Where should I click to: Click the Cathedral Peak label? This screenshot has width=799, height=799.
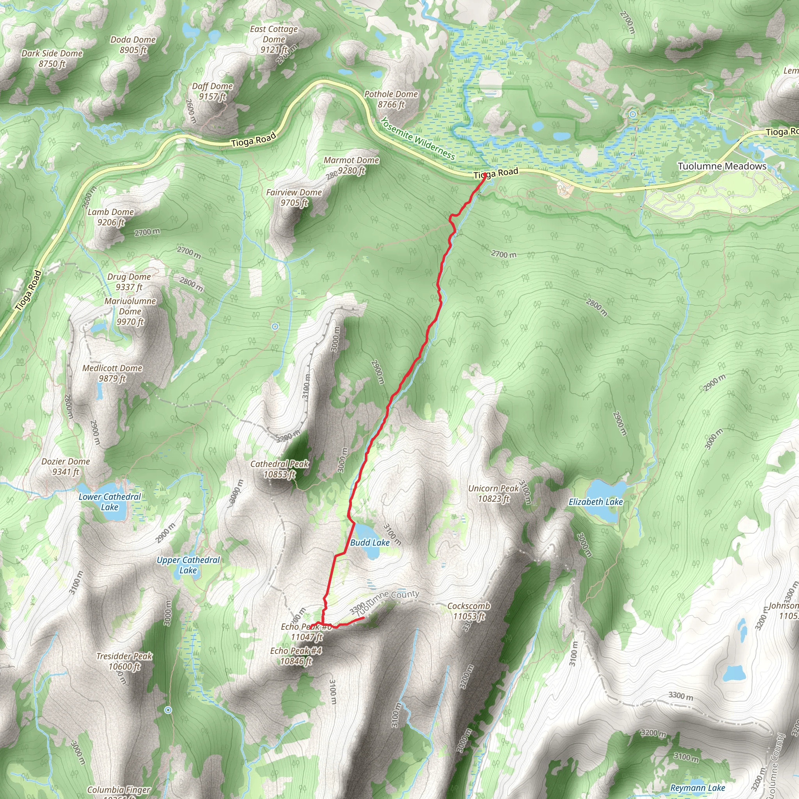[x=280, y=469]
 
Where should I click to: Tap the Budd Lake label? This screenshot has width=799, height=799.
[x=370, y=543]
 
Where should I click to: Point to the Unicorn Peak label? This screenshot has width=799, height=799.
[x=494, y=494]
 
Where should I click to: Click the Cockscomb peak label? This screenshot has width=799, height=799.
[x=469, y=611]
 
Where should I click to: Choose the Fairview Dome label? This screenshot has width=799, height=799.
[x=294, y=197]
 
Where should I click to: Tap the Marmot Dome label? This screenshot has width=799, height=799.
[x=351, y=165]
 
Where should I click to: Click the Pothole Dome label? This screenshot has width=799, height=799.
[x=391, y=99]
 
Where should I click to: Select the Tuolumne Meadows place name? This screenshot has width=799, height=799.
[x=722, y=166]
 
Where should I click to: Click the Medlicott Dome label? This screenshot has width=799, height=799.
[x=112, y=373]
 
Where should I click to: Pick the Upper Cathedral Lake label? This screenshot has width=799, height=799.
[x=188, y=565]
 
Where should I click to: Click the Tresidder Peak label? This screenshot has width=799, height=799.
[x=124, y=661]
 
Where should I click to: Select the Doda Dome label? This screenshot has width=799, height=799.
[x=133, y=44]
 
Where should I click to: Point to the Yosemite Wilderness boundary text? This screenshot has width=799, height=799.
[x=418, y=138]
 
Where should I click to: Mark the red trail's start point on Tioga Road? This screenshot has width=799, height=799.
[x=485, y=175]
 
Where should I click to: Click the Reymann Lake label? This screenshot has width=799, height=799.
[x=698, y=788]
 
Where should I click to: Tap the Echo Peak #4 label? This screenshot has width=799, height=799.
[x=296, y=656]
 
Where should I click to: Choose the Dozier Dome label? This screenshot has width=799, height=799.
[x=66, y=467]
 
